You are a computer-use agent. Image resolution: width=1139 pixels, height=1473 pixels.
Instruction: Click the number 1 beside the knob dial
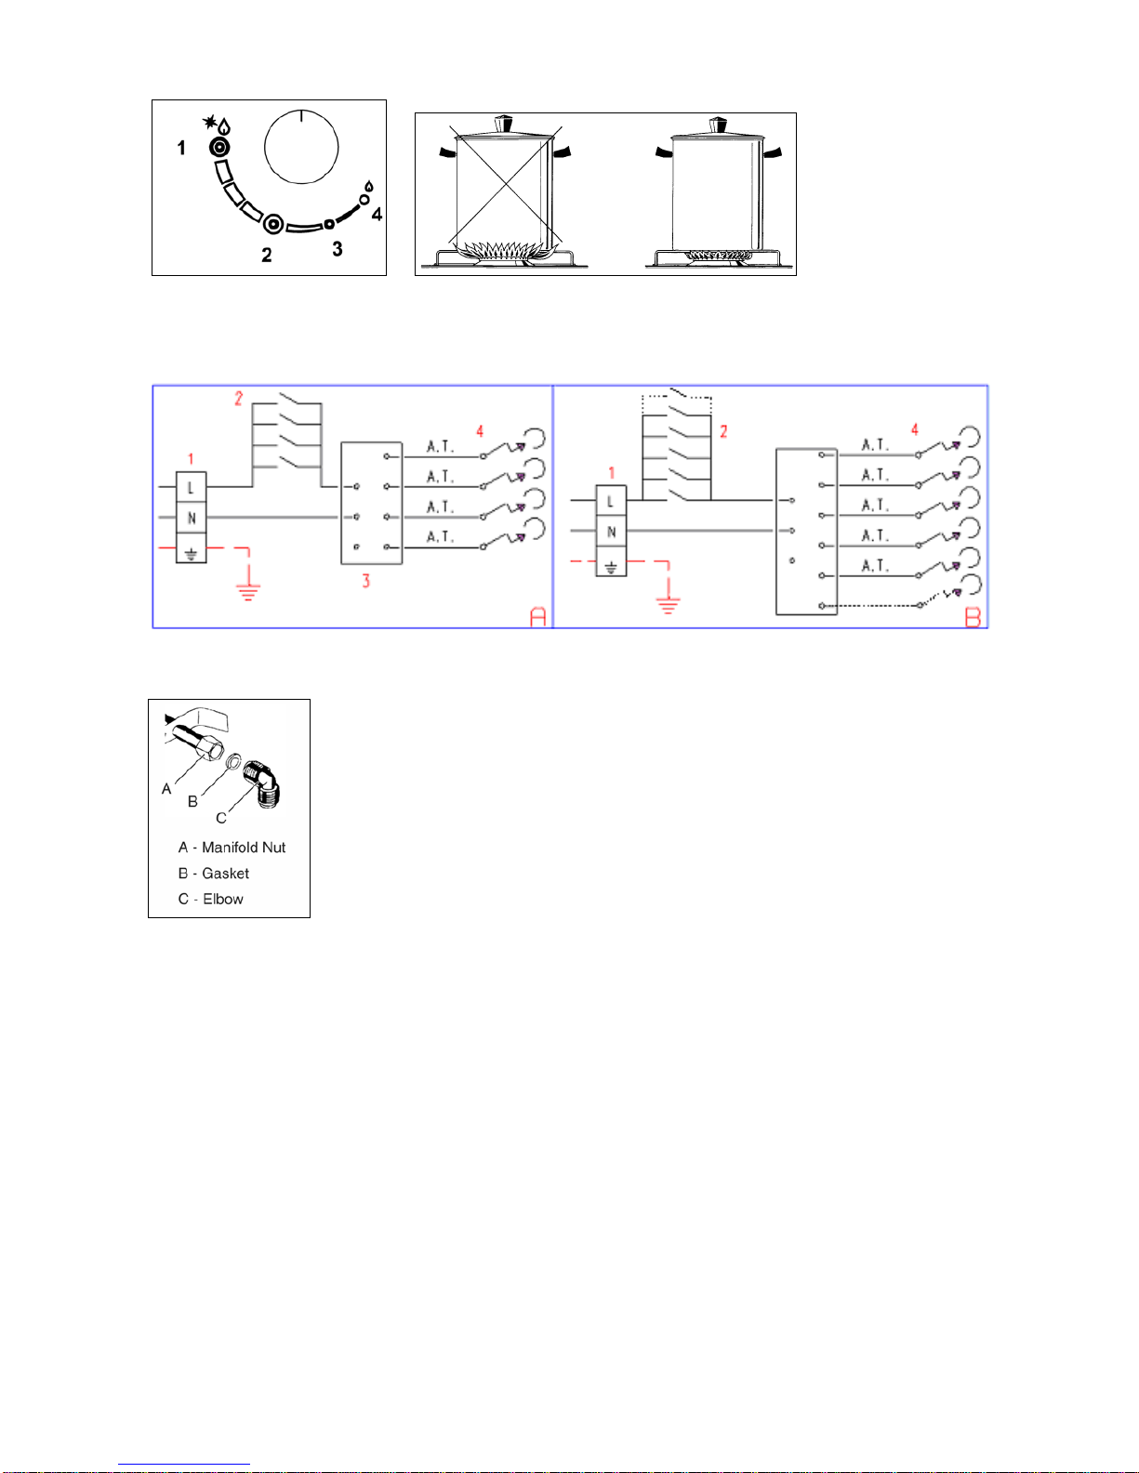(x=181, y=148)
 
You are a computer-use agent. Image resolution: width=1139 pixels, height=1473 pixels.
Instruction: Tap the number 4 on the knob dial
(x=377, y=214)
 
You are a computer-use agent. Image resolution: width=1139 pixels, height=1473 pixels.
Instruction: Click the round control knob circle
(x=301, y=147)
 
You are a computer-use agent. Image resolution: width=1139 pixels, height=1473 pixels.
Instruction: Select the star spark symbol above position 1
(x=209, y=122)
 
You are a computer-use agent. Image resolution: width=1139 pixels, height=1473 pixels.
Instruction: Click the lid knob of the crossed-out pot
(x=503, y=125)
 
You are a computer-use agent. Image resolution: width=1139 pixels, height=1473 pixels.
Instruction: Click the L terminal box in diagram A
(x=192, y=487)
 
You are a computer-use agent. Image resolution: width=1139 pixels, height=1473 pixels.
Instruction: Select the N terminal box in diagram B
(x=611, y=531)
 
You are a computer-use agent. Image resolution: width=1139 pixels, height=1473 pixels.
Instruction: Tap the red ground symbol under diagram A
(x=249, y=593)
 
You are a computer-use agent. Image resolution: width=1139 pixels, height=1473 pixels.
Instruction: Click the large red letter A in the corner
(x=537, y=616)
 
